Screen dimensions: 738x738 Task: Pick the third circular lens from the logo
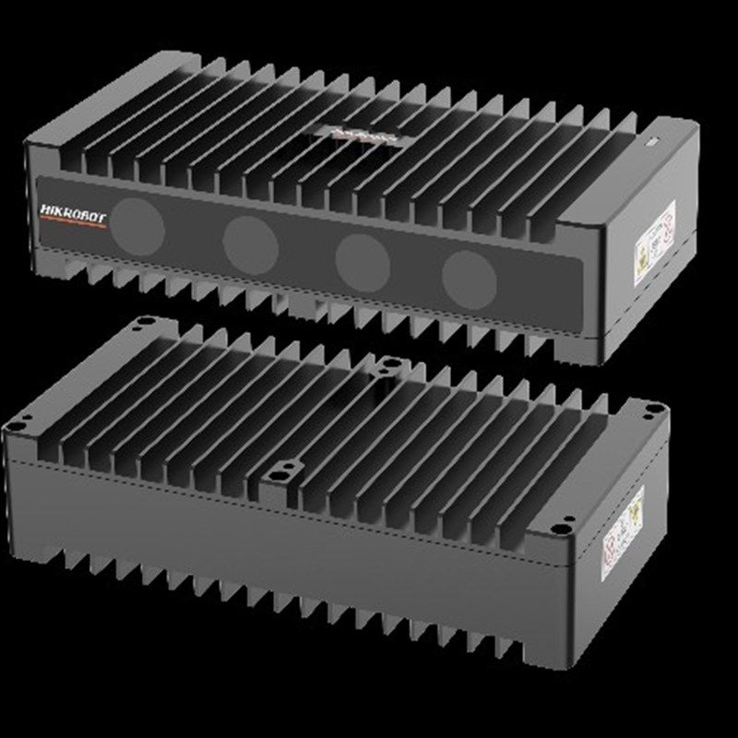pos(363,258)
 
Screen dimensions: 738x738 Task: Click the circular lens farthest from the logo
pos(469,276)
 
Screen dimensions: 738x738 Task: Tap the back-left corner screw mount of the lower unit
pos(141,322)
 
